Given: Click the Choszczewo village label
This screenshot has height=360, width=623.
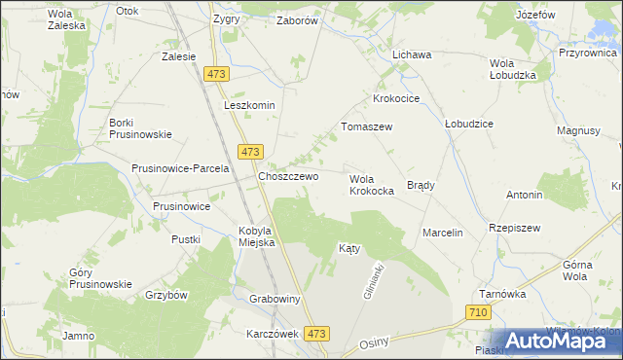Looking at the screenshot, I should (x=288, y=176).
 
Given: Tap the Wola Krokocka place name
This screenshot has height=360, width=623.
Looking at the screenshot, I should (x=371, y=185).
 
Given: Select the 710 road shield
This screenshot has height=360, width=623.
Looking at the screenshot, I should (x=477, y=312).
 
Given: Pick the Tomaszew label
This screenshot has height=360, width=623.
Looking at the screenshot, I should (x=366, y=126).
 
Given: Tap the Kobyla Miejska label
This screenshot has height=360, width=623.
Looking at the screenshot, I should (x=258, y=236).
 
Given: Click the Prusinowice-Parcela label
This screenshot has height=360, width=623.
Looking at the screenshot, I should (x=180, y=167).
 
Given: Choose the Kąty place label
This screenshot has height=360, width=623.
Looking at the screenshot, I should (x=349, y=248).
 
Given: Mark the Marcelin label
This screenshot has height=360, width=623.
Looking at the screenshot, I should (x=442, y=233).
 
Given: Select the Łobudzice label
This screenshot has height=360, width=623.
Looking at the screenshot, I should (x=469, y=125).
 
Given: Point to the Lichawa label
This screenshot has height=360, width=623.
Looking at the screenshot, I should (x=412, y=54).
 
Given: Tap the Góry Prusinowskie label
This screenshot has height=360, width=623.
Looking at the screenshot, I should (x=100, y=278).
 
